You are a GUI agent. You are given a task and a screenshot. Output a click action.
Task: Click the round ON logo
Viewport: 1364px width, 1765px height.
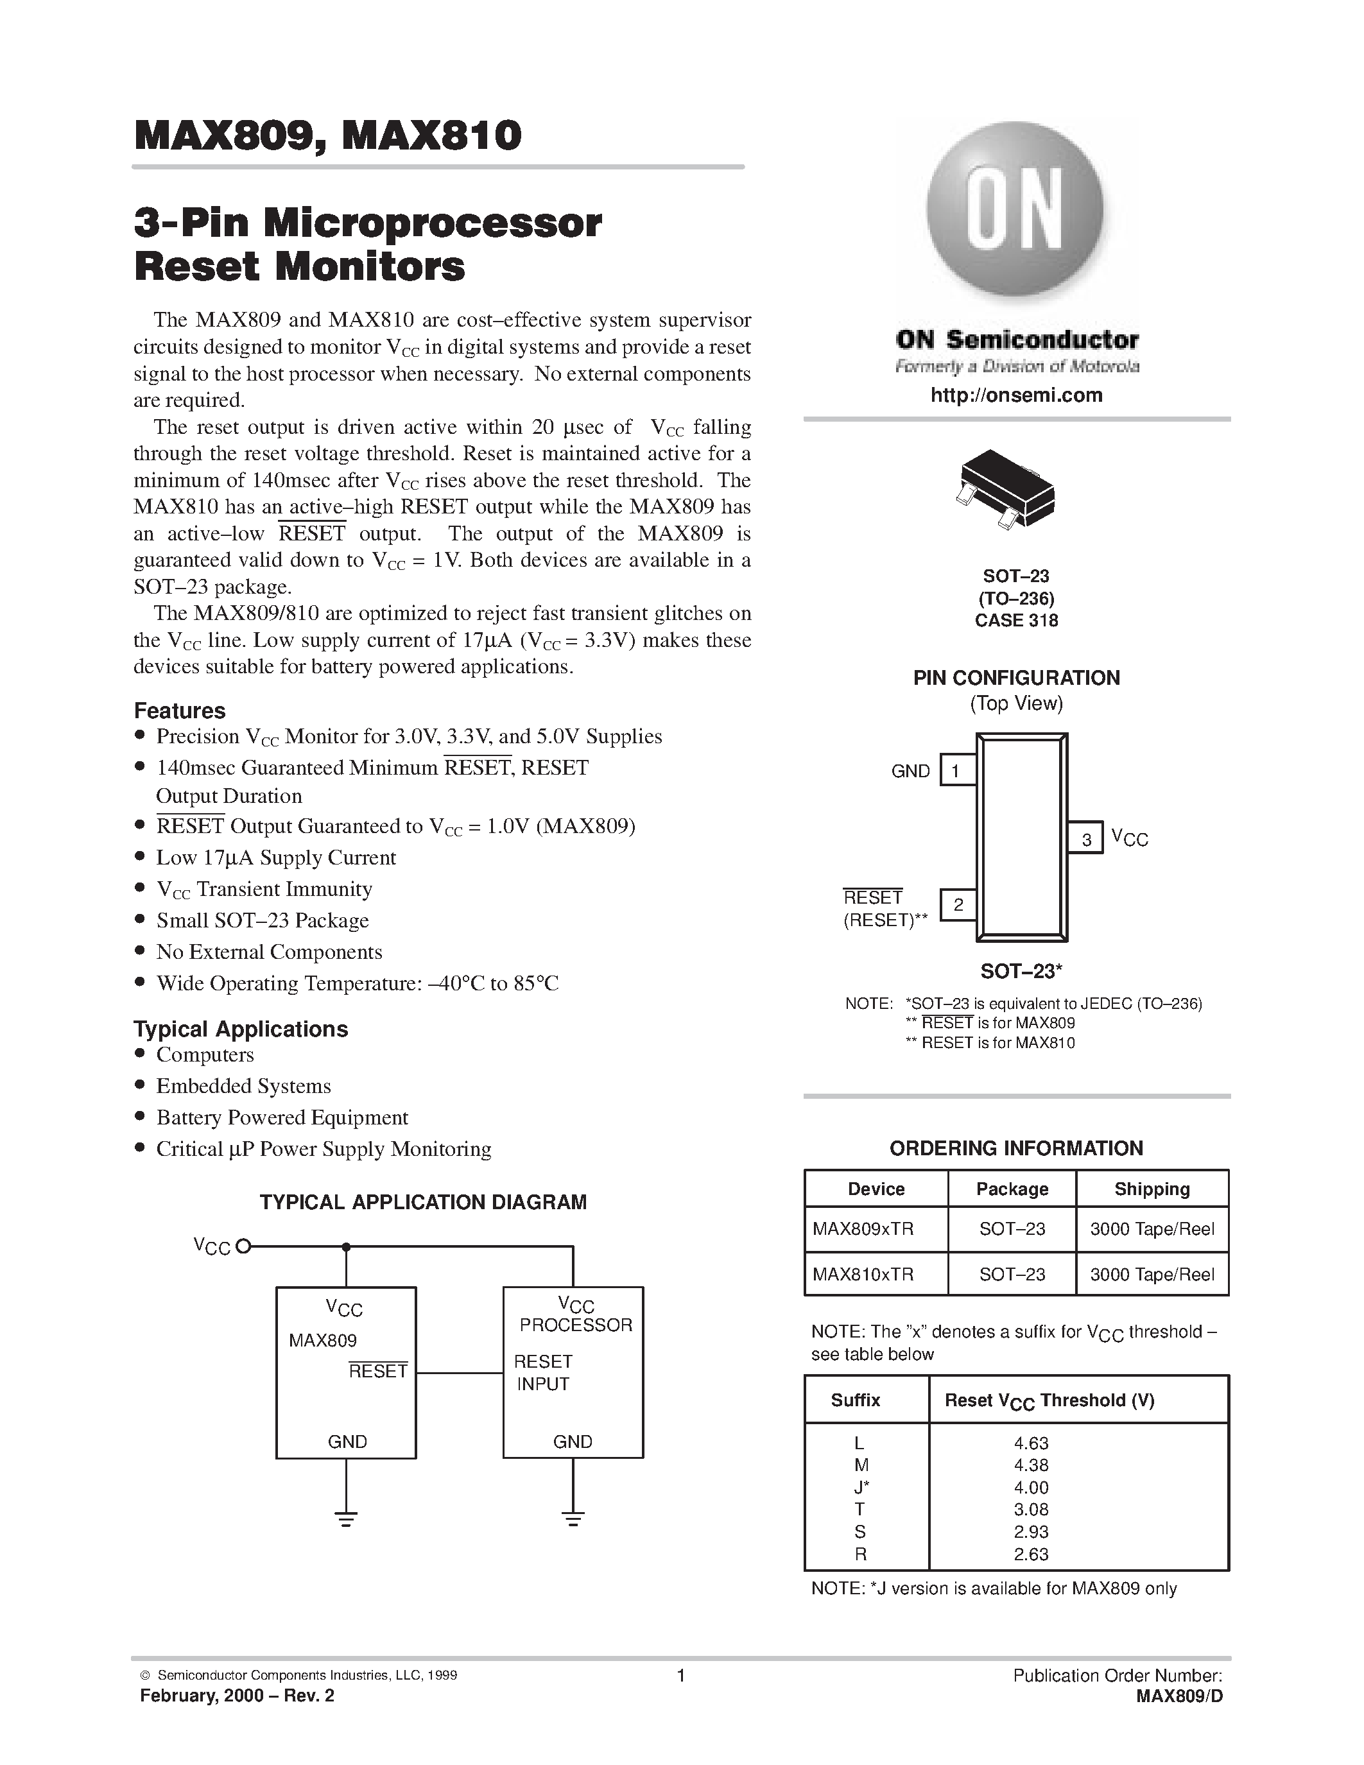(x=1015, y=210)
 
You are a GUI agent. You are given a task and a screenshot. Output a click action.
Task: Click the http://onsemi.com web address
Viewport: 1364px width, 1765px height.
(x=1015, y=395)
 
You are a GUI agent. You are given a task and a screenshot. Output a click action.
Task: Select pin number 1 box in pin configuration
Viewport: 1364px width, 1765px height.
(x=957, y=771)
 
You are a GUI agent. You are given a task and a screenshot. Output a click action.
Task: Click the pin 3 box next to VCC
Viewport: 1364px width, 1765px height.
(x=1086, y=839)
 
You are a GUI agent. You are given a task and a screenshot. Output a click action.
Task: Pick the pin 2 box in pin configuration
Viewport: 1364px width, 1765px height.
(x=958, y=905)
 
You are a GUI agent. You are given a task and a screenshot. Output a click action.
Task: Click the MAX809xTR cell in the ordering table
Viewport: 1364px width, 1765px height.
(x=863, y=1229)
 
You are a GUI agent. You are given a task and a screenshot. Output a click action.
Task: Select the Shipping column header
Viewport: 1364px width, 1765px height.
(x=1152, y=1189)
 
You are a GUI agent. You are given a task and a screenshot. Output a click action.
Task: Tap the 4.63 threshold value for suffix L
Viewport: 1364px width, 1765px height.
(x=1031, y=1443)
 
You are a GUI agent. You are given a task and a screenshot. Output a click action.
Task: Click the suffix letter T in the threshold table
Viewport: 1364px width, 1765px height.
(x=859, y=1509)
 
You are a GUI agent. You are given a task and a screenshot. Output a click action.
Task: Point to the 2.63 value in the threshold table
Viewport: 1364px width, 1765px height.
(x=1031, y=1553)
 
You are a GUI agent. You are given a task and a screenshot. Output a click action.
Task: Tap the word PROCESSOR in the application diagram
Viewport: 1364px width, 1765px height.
(x=575, y=1325)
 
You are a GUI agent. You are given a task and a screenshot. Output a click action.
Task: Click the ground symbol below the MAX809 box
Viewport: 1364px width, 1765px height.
(x=346, y=1519)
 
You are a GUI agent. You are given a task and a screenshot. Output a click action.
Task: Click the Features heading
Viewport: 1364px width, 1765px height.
(x=179, y=710)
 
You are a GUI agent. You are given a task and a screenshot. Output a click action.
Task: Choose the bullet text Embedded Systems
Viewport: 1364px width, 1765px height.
(x=243, y=1085)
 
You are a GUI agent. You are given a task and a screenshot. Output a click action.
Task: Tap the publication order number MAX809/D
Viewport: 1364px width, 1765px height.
(x=1179, y=1696)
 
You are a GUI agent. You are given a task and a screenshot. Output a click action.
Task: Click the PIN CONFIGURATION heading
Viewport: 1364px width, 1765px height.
(x=1015, y=678)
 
